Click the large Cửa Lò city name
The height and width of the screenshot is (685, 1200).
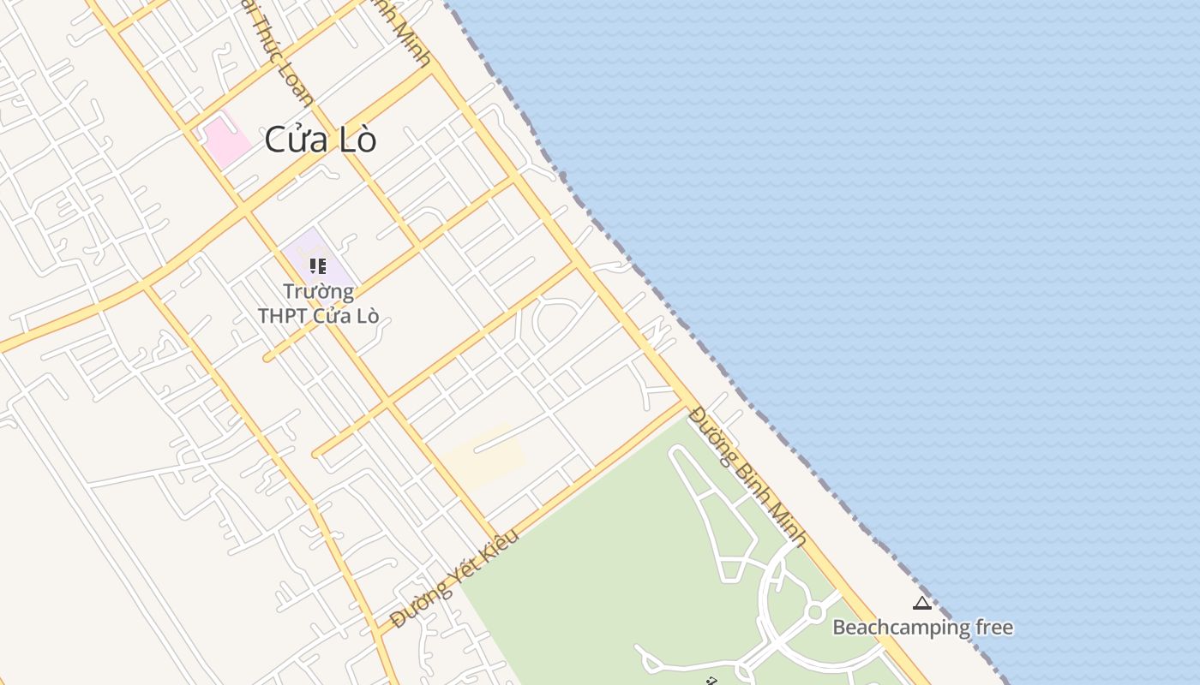321,140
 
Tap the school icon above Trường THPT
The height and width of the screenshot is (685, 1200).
318,266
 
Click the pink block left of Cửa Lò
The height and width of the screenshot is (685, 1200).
225,140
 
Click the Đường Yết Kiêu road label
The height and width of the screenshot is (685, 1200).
454,580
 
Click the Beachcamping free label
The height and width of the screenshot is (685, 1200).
922,628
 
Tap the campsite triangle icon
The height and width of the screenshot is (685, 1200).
922,604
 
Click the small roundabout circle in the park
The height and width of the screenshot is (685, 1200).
814,612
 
